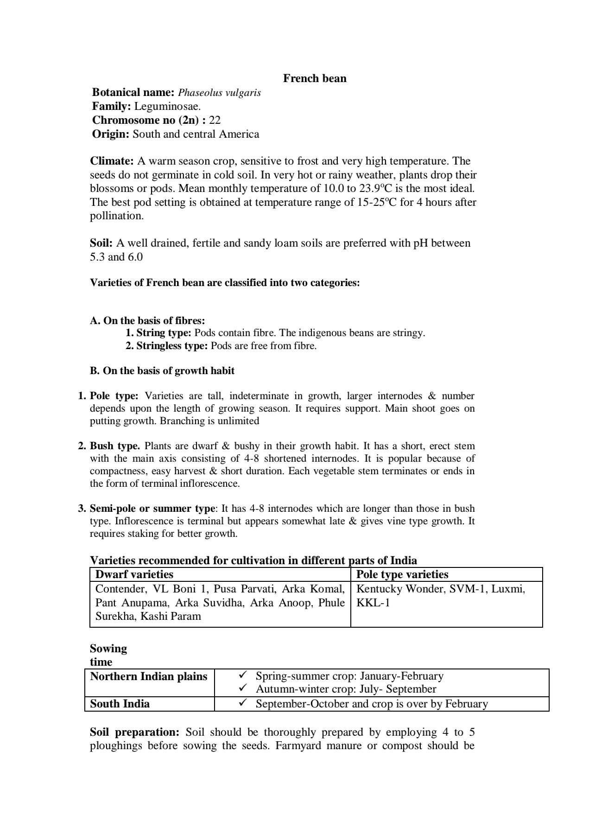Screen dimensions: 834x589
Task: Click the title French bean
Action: click(315, 78)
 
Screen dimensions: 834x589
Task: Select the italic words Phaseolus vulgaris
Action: click(219, 93)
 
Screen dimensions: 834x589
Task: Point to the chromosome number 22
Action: click(215, 121)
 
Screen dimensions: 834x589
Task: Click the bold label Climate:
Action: click(112, 161)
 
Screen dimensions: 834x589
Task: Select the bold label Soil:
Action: click(101, 243)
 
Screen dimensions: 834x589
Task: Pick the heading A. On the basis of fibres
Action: click(147, 321)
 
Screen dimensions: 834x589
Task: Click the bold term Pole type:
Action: click(114, 396)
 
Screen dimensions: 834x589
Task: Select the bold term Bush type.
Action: click(115, 446)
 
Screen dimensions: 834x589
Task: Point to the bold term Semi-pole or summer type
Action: click(152, 509)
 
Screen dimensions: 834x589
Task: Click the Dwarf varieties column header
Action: click(134, 575)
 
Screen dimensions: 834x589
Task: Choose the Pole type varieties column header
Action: click(402, 575)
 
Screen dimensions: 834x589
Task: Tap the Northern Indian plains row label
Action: click(148, 676)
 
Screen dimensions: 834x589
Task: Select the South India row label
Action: click(120, 704)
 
